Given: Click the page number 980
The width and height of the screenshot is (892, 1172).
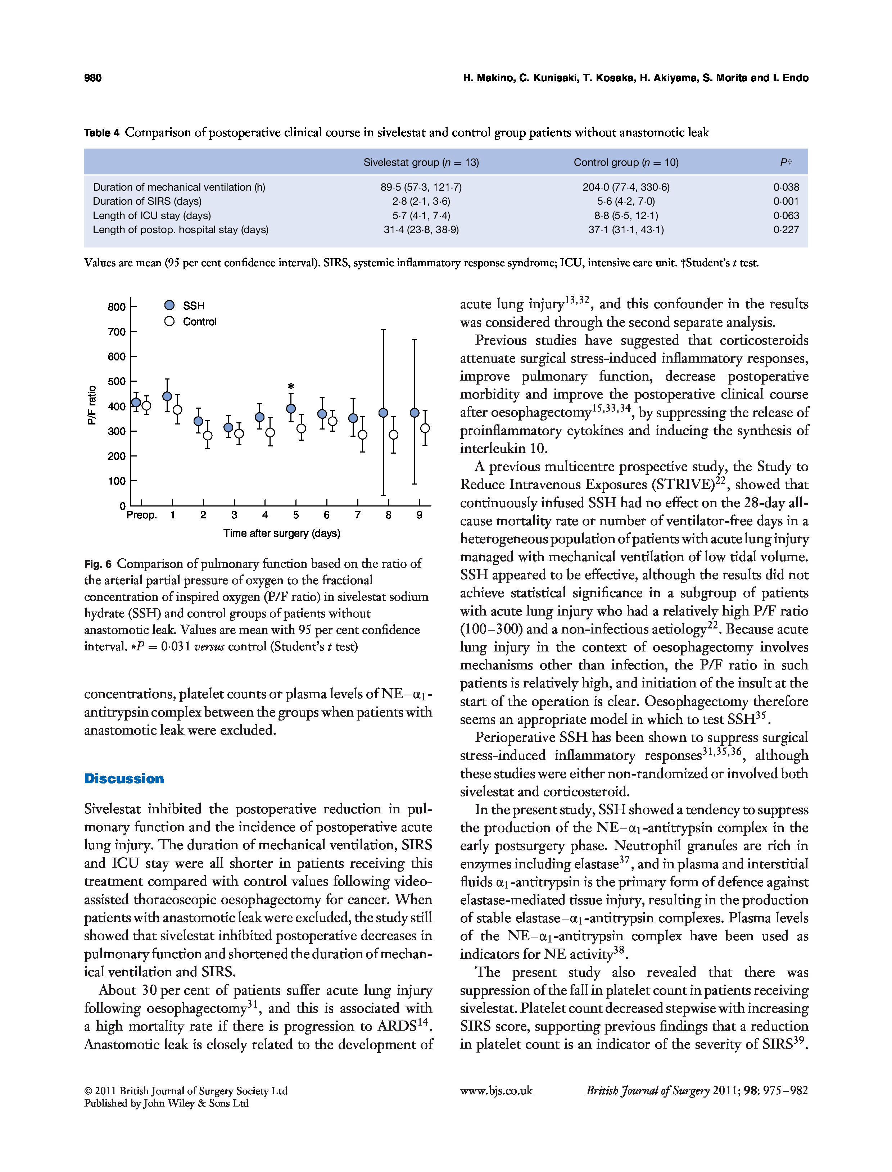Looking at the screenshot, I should [x=92, y=78].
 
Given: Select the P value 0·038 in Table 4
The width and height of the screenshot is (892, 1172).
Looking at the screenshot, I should [x=786, y=187].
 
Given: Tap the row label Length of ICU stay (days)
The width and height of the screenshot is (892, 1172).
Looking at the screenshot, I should [x=152, y=215].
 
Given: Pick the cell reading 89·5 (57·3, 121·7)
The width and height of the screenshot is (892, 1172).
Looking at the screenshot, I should [x=421, y=187].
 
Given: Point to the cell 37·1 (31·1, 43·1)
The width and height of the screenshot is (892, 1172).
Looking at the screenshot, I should [x=626, y=230].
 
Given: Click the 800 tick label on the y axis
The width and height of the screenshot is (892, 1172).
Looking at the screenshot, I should [x=116, y=307].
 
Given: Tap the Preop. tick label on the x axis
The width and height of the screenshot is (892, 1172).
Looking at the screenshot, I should [x=141, y=515].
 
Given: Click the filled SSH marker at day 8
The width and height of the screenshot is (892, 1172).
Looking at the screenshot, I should [x=383, y=413].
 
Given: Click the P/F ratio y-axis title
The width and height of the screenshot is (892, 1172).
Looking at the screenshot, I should [x=92, y=405].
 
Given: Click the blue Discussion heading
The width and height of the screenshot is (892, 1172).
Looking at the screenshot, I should [x=124, y=779].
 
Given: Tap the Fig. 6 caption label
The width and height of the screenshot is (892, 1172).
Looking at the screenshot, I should [x=98, y=564].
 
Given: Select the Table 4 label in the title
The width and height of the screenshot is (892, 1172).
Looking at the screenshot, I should [x=101, y=133].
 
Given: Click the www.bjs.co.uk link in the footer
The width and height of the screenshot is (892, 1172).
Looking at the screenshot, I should [x=496, y=1090].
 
